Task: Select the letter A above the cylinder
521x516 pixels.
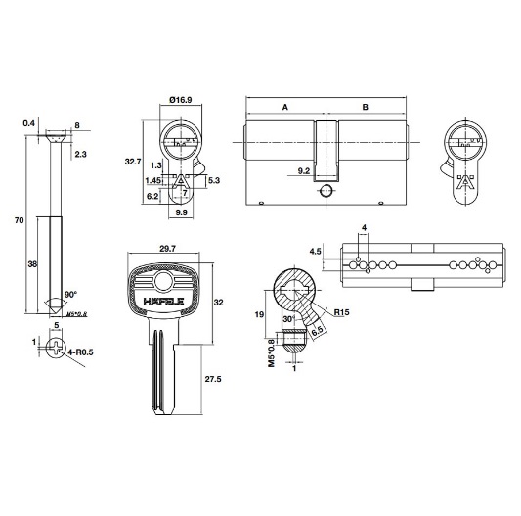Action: click(x=284, y=107)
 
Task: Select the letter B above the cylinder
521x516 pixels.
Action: click(x=365, y=107)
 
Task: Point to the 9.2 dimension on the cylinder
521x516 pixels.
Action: click(x=304, y=171)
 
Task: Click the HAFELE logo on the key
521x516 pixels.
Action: click(x=163, y=302)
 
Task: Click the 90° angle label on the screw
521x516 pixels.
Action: click(x=69, y=293)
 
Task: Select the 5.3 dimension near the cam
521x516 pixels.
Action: click(x=214, y=180)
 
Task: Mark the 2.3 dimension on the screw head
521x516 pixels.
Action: click(x=79, y=154)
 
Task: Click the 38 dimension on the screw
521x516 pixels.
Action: click(x=33, y=263)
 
